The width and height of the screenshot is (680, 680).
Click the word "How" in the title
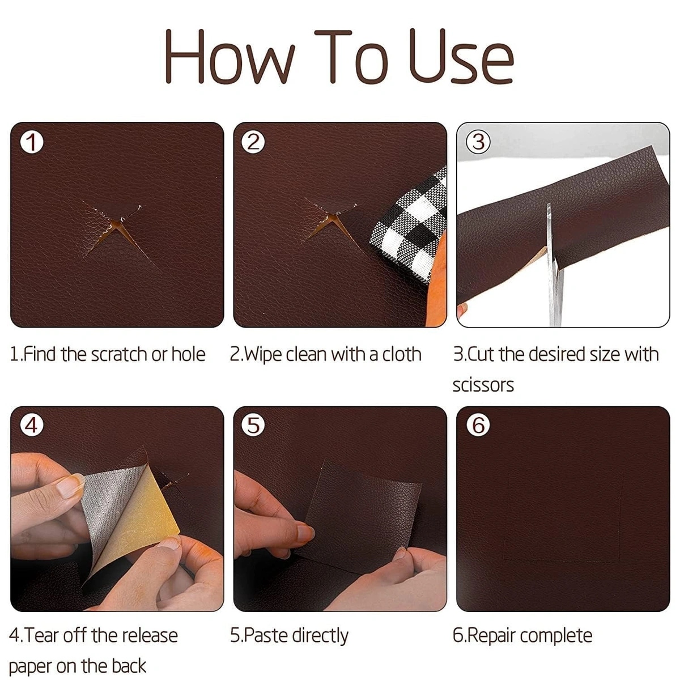pos(229,57)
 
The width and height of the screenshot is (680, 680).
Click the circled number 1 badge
pos(32,142)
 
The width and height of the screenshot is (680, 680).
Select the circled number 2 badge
pos(254,142)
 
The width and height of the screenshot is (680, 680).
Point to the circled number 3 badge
pos(478,142)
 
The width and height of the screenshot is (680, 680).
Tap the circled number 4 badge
pos(32,425)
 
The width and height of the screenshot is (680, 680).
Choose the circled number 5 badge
pos(254,425)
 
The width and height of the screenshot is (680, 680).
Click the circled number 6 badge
pos(478,425)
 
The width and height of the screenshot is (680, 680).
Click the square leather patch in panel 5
pos(363,513)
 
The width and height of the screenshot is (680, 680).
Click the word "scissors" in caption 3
pos(483,385)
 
